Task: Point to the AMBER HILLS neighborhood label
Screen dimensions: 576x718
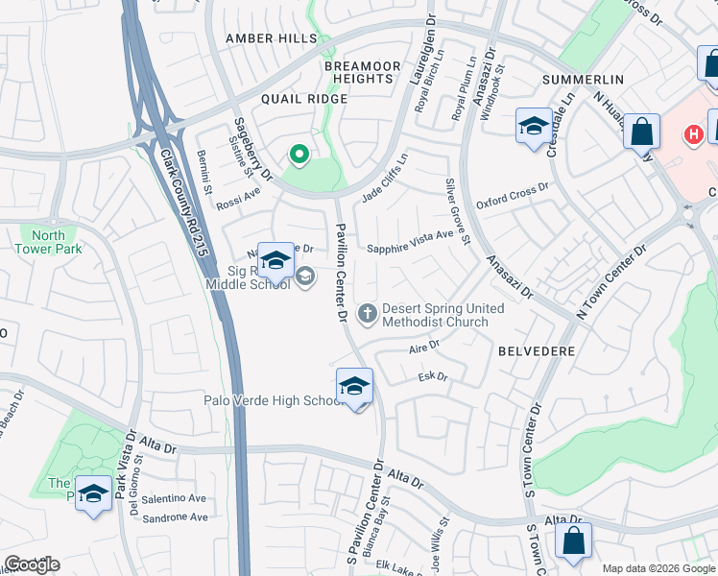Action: click(271, 38)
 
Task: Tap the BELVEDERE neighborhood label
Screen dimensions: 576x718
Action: click(537, 351)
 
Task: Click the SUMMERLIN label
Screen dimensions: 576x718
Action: click(584, 79)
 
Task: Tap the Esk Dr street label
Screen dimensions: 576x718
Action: click(434, 377)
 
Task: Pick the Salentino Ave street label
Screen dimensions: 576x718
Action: click(174, 498)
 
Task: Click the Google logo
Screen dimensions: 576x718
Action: click(32, 564)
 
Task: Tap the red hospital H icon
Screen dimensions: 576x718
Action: click(693, 135)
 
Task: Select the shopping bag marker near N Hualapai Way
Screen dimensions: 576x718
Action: click(641, 131)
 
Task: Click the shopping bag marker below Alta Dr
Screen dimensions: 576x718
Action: click(573, 540)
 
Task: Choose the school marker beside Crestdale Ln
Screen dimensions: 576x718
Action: click(533, 127)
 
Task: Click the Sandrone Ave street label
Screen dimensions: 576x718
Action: click(174, 517)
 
